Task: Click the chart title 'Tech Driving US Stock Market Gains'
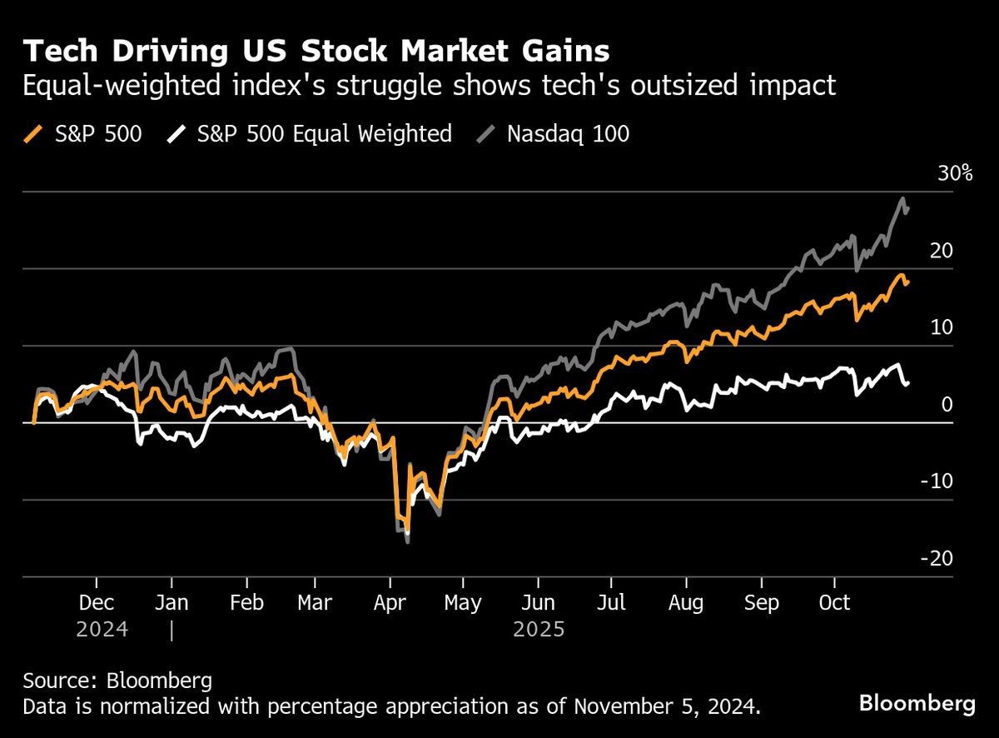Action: coord(316,52)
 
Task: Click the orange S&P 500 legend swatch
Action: coord(33,133)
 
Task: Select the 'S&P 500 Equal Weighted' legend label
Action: coord(324,133)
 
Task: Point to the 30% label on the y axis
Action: coord(955,174)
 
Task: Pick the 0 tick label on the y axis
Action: coord(946,405)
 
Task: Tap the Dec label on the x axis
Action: coord(97,602)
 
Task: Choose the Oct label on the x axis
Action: coord(835,602)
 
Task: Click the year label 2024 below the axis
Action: coord(102,629)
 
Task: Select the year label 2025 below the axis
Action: coord(539,629)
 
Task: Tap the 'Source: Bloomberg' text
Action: coord(117,681)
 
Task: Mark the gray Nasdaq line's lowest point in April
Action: coord(407,542)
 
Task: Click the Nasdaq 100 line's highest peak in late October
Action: coord(902,198)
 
